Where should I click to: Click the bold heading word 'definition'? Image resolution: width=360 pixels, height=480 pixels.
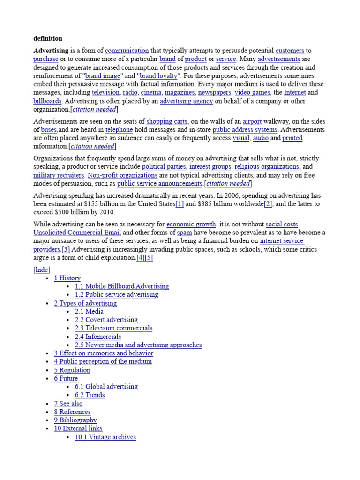point(47,38)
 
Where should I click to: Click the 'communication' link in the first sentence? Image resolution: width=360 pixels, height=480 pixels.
point(127,51)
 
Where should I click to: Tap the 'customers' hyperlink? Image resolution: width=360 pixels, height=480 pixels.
point(290,51)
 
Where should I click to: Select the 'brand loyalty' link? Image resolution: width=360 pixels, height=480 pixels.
point(159,76)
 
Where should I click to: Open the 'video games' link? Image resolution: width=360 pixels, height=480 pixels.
point(252,93)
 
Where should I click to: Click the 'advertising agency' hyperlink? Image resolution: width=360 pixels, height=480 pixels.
point(186,101)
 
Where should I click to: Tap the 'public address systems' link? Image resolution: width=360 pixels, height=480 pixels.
point(245,130)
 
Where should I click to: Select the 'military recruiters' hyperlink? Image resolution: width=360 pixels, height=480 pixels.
point(59,175)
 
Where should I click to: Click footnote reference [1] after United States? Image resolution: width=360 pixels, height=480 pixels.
point(180,204)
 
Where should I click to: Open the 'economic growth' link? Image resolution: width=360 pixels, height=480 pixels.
point(191,225)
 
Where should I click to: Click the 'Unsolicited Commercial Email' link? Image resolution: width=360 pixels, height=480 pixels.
point(77,232)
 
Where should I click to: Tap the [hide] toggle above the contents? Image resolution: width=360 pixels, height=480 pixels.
point(42,270)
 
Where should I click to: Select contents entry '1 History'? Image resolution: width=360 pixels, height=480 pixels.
point(67,278)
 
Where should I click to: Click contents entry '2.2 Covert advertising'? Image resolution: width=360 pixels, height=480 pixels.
point(106,320)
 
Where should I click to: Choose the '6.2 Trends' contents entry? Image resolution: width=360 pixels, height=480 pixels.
point(90,395)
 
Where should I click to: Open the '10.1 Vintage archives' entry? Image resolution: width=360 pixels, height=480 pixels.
point(105,437)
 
